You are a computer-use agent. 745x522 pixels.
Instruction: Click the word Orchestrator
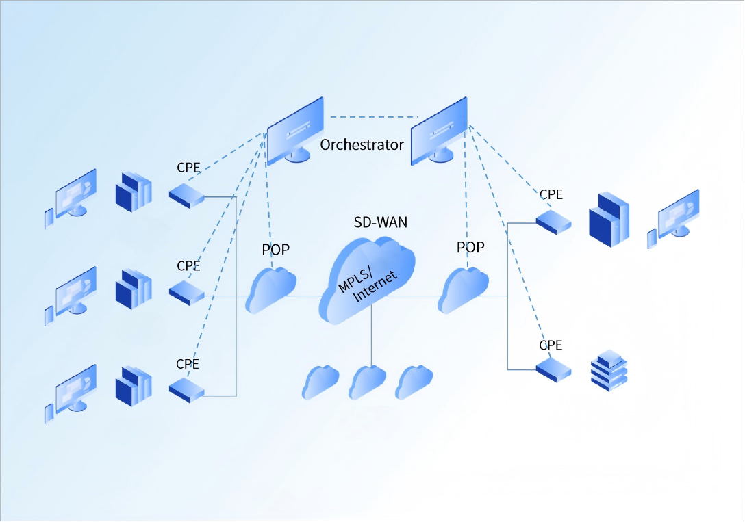click(x=362, y=145)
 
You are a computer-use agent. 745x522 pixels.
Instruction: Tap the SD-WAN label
click(x=380, y=222)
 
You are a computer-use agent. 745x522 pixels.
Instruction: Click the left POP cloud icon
click(x=270, y=290)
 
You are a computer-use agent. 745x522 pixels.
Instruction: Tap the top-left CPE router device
click(x=187, y=196)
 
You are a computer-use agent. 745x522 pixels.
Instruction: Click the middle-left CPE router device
click(x=187, y=293)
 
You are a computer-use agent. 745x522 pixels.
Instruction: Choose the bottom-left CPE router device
click(x=187, y=390)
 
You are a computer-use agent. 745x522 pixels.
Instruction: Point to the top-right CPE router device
click(x=554, y=220)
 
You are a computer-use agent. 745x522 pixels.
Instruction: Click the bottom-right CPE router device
click(x=554, y=370)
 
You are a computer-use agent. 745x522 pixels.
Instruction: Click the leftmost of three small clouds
click(x=320, y=382)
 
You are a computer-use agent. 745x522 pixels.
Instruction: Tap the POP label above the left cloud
click(x=276, y=250)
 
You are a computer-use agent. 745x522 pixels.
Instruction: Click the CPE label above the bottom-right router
click(x=551, y=345)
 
